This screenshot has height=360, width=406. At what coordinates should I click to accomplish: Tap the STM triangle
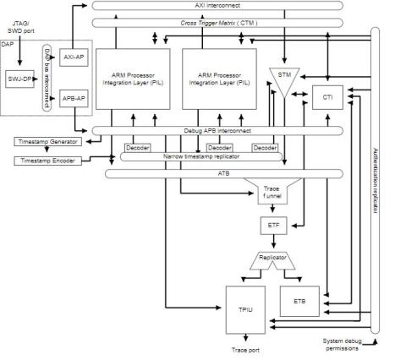point(283,76)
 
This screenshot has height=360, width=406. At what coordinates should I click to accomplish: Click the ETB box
point(299,302)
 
